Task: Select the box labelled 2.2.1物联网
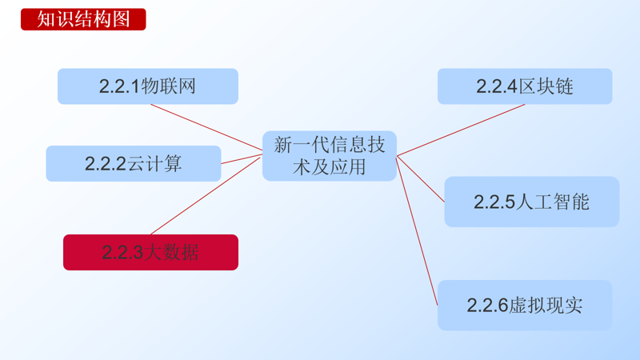(x=147, y=86)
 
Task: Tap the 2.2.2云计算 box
(x=133, y=163)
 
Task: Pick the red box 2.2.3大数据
(x=150, y=252)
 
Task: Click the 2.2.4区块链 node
(x=524, y=86)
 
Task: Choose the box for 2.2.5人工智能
(x=531, y=202)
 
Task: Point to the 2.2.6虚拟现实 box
(x=524, y=305)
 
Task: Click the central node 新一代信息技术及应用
(x=330, y=155)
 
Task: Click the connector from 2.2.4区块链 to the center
(x=461, y=130)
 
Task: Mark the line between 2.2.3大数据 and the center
(x=206, y=195)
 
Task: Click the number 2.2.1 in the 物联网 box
(x=119, y=86)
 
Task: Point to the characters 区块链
(x=546, y=86)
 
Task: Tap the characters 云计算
(x=155, y=163)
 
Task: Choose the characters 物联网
(x=169, y=86)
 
